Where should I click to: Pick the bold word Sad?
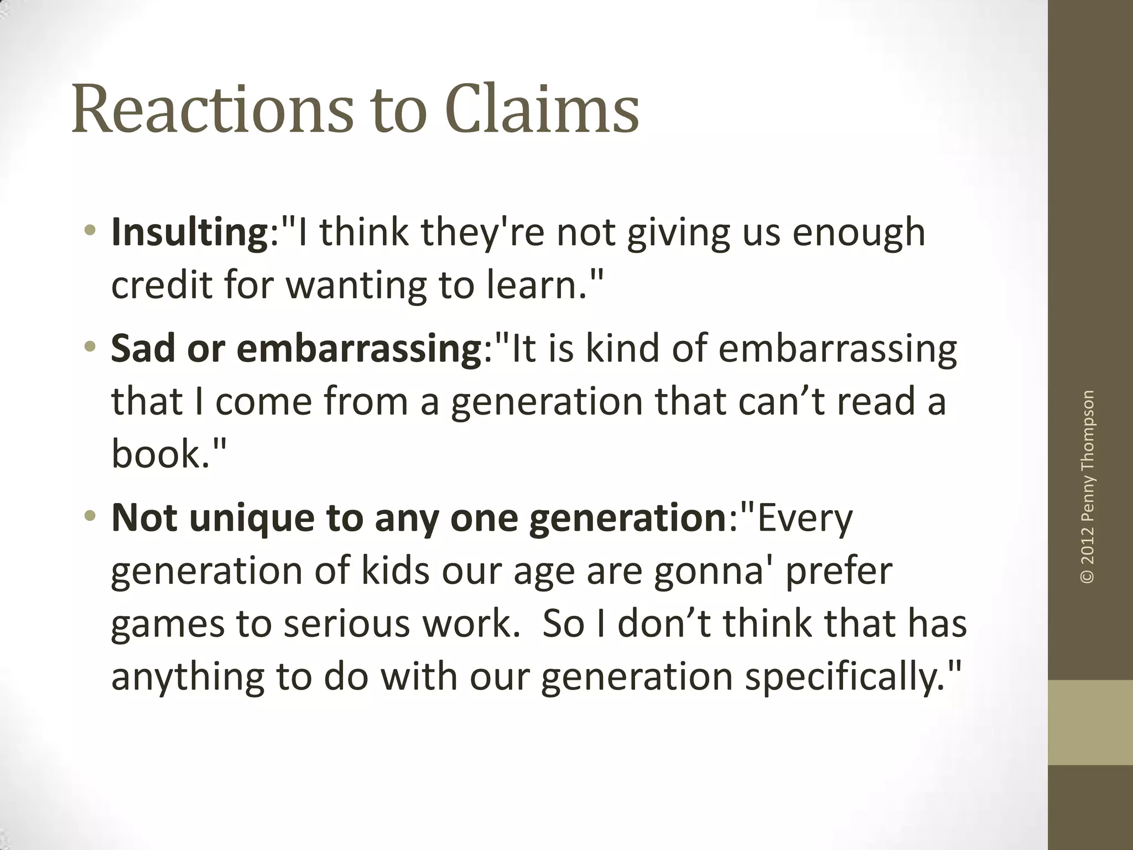click(143, 349)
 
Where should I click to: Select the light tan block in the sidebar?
click(1090, 722)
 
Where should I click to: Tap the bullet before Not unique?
click(91, 517)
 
